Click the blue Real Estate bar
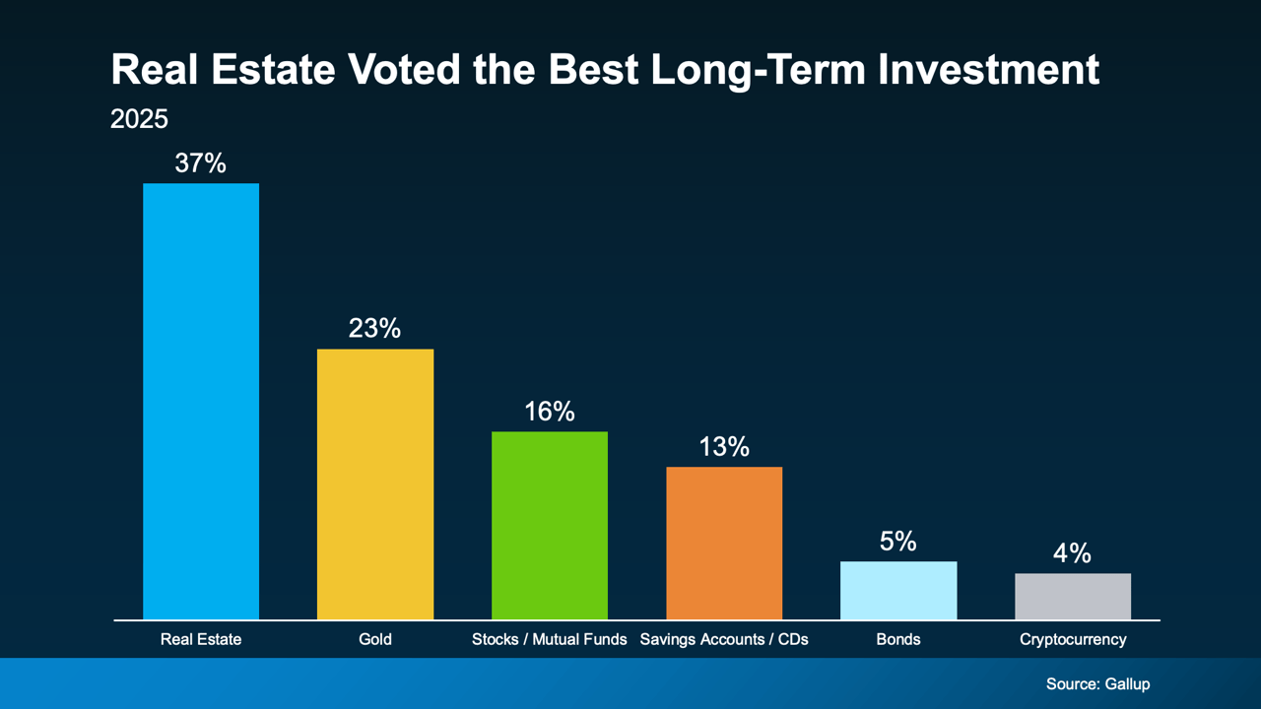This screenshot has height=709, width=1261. (x=201, y=401)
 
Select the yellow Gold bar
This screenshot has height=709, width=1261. (x=375, y=483)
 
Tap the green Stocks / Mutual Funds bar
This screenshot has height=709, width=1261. (x=550, y=525)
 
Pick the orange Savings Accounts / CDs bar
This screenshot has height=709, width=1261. (x=724, y=543)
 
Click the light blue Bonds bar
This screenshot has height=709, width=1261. (x=898, y=590)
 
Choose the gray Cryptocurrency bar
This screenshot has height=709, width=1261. (x=1073, y=596)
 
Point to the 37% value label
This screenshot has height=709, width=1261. (x=201, y=163)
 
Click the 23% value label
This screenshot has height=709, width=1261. (x=375, y=329)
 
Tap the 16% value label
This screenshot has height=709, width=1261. (x=550, y=412)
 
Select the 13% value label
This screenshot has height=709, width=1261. (x=724, y=447)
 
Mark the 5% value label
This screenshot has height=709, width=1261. (x=898, y=542)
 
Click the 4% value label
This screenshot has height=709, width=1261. (x=1073, y=553)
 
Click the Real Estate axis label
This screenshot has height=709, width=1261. (x=201, y=639)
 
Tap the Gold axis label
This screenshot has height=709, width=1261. (x=375, y=639)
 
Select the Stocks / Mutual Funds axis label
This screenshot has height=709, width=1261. (x=550, y=639)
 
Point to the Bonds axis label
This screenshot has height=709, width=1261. (x=898, y=639)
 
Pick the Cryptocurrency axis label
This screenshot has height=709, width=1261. (x=1073, y=639)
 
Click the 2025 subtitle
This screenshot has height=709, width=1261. (x=139, y=119)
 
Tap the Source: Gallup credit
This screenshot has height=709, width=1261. (x=1097, y=683)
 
